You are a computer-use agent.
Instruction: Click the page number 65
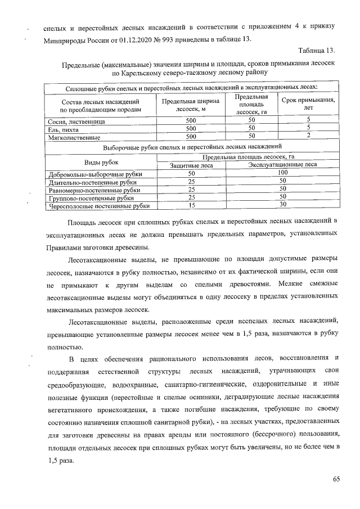click(x=336, y=479)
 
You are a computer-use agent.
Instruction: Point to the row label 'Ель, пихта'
click(x=62, y=129)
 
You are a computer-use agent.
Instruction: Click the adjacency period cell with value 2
click(x=308, y=136)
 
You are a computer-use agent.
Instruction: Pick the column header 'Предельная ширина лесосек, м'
click(x=191, y=105)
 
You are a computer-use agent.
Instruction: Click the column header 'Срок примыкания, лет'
click(x=308, y=105)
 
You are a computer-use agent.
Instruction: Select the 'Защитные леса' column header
click(x=191, y=164)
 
